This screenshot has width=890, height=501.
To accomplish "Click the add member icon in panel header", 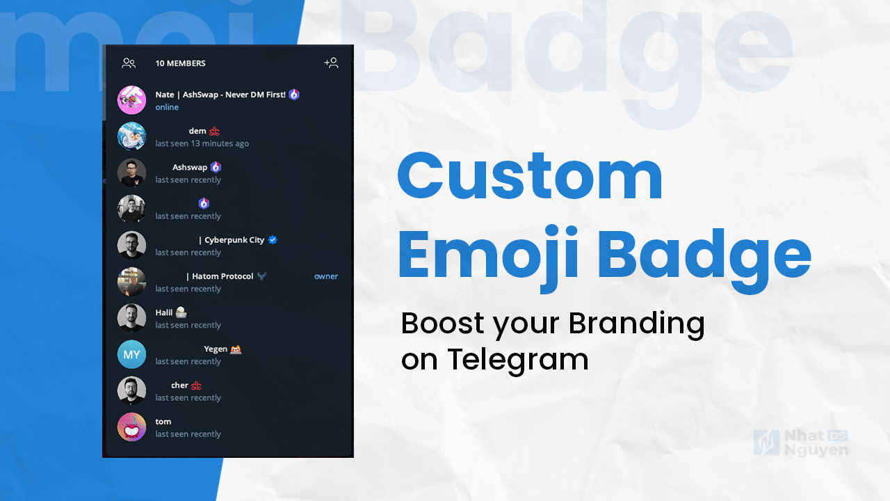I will [x=331, y=63].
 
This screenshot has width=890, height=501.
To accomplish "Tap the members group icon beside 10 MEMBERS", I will [x=129, y=63].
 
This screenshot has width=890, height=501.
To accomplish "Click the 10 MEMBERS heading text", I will [x=180, y=63].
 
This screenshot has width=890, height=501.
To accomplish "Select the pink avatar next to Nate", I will [x=131, y=100].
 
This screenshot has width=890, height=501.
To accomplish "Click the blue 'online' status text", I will [x=167, y=107].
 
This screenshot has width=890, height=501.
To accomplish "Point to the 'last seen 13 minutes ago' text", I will [x=202, y=143].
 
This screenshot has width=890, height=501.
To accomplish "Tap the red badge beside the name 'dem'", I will [x=215, y=131].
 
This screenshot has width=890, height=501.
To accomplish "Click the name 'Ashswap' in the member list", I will [x=190, y=167].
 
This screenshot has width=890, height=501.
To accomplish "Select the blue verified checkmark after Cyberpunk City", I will [x=273, y=239].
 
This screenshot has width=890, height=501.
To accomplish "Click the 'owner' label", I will [x=325, y=276].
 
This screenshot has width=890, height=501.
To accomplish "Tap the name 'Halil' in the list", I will [x=163, y=312].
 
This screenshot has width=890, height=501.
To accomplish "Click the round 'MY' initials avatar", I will [x=131, y=354].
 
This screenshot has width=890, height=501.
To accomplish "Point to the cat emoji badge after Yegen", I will [x=236, y=349].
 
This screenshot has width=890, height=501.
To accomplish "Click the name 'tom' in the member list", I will [x=163, y=421].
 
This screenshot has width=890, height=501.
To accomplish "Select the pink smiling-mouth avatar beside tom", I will [x=131, y=427].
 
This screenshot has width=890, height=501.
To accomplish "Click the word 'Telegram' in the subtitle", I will [x=518, y=359].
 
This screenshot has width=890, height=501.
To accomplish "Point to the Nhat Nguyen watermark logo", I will [x=800, y=443].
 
